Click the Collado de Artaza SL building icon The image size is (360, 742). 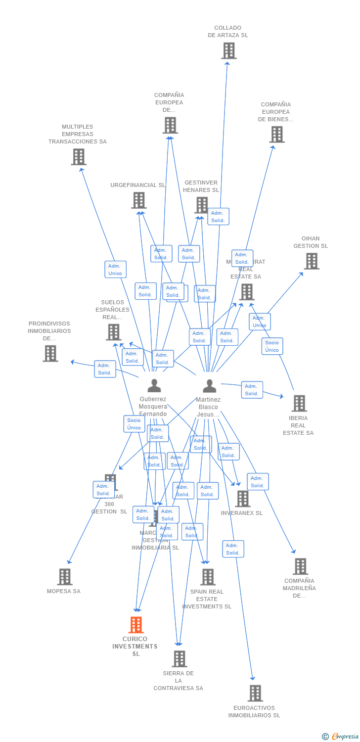pyautogui.click(x=228, y=50)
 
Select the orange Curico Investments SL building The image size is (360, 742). pyautogui.click(x=136, y=625)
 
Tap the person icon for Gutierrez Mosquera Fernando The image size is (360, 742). pyautogui.click(x=154, y=385)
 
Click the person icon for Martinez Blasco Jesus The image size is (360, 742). pyautogui.click(x=210, y=386)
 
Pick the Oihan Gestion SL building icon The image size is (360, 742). pyautogui.click(x=312, y=261)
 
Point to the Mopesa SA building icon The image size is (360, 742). pyautogui.click(x=65, y=577)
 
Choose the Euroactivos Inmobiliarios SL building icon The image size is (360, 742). pyautogui.click(x=255, y=693)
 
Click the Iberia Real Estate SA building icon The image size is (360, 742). pyautogui.click(x=299, y=403)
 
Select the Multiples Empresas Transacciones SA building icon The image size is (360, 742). pyautogui.click(x=79, y=157)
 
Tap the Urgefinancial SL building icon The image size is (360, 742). pyautogui.click(x=139, y=200)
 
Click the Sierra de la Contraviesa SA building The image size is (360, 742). pyautogui.click(x=180, y=659)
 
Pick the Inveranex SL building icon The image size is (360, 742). pyautogui.click(x=243, y=499)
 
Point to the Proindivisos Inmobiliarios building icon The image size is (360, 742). pyautogui.click(x=50, y=353)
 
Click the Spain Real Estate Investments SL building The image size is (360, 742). pyautogui.click(x=208, y=577)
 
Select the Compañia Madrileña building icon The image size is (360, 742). pyautogui.click(x=300, y=566)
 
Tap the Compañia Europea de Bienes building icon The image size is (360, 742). pyautogui.click(x=277, y=134)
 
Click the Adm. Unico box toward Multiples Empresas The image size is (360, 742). pyautogui.click(x=115, y=270)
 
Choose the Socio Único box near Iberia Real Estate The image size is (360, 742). pyautogui.click(x=272, y=346)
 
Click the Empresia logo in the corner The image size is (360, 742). pyautogui.click(x=341, y=737)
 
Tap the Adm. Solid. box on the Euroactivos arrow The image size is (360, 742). pyautogui.click(x=233, y=549)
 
